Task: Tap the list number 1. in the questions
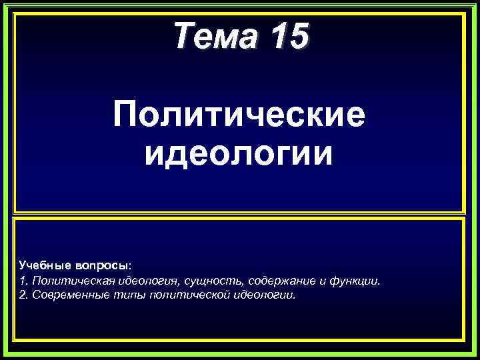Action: pyautogui.click(x=24, y=280)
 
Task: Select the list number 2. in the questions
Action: pyautogui.click(x=24, y=294)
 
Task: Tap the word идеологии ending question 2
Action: pyautogui.click(x=263, y=294)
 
